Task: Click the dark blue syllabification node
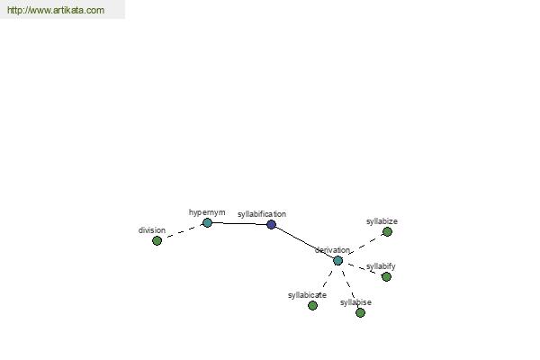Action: coord(272,225)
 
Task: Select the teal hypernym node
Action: coord(207,223)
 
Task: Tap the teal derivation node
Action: coord(337,261)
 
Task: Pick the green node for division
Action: coord(157,241)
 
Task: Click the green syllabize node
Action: coord(387,232)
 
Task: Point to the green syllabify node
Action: coord(386,276)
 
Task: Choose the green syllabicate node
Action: coord(312,306)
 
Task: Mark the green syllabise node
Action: coord(360,313)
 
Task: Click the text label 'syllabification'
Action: coord(262,214)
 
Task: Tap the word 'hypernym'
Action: coord(207,212)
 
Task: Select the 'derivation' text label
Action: coord(332,250)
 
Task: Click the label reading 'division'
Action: coord(152,230)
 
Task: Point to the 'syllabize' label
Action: coord(382,221)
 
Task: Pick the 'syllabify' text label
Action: coord(381,266)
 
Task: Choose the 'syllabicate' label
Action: coord(307,295)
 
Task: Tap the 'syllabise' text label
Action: coord(355,302)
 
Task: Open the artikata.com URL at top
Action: coord(56,10)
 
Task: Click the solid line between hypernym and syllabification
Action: coord(239,223)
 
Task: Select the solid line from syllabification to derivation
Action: coord(304,242)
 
